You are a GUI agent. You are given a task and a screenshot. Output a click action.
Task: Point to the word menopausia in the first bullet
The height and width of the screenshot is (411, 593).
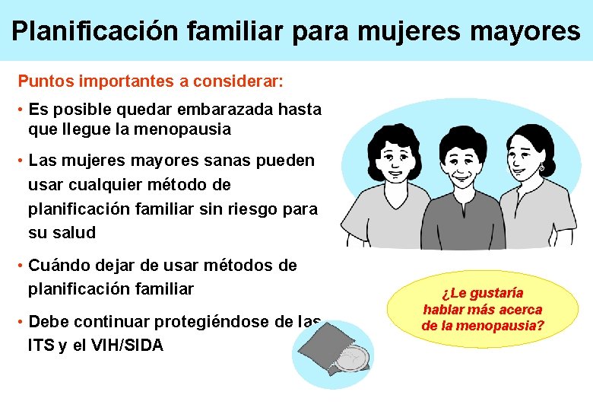[x=182, y=129]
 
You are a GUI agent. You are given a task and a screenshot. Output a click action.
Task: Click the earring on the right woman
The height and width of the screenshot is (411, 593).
[x=542, y=167]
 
